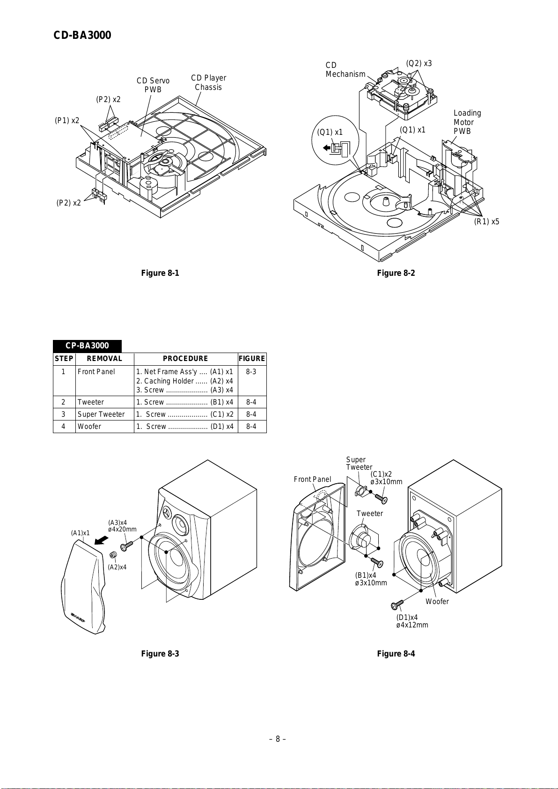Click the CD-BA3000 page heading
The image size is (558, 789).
point(82,36)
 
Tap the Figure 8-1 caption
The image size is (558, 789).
point(160,273)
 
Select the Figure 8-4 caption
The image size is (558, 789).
point(396,654)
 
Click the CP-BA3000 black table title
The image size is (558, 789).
point(87,346)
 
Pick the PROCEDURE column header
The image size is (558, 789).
point(185,359)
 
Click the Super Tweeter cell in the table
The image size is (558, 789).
point(101,414)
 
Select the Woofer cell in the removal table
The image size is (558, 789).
point(89,427)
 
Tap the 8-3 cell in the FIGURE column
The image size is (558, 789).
point(251,372)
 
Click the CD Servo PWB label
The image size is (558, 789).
point(153,85)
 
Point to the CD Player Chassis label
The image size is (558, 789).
point(208,82)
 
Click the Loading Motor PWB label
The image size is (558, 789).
point(467,122)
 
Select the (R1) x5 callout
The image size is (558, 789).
point(486,221)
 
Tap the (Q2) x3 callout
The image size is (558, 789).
point(418,64)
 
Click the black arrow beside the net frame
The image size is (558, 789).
point(101,541)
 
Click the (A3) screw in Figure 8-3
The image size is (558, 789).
point(127,546)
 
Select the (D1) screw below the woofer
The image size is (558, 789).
point(397,605)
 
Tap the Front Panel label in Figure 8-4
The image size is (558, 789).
point(312,479)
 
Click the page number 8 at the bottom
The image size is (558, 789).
point(278,739)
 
